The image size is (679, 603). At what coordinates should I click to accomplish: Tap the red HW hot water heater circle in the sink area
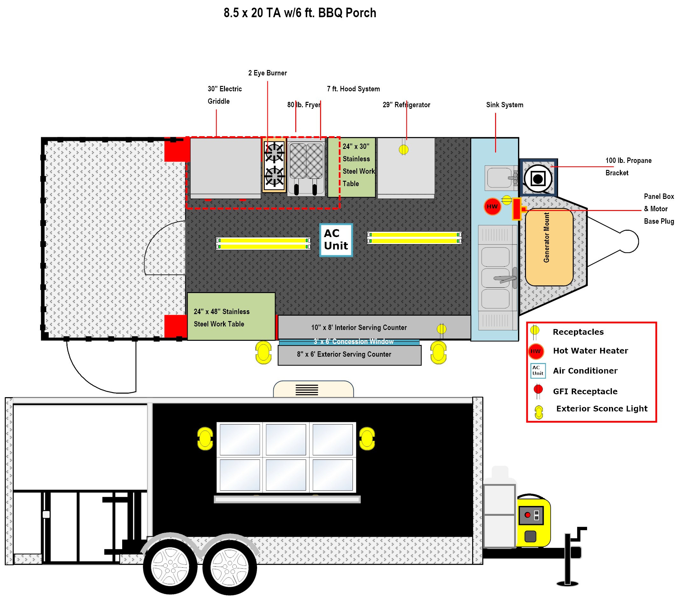492,206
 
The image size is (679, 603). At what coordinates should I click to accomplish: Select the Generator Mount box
549,247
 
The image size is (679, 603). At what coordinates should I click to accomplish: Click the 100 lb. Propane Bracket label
628,166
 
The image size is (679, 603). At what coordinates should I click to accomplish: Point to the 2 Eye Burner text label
267,73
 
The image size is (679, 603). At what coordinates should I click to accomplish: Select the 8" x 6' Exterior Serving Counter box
349,355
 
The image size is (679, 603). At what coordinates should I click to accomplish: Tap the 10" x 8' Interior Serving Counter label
359,327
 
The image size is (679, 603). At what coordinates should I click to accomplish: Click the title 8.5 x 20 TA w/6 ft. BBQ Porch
300,13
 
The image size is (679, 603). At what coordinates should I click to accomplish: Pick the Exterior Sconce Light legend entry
601,409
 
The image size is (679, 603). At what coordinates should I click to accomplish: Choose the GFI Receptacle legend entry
584,391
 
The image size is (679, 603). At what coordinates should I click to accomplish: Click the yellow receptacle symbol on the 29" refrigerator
403,150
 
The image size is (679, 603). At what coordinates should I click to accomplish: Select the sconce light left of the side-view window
205,438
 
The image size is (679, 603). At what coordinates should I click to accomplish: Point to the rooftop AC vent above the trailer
313,389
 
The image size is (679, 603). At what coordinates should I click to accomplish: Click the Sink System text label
504,105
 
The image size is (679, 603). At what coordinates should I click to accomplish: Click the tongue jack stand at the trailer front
568,558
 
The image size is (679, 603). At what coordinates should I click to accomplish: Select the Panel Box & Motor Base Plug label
658,209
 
